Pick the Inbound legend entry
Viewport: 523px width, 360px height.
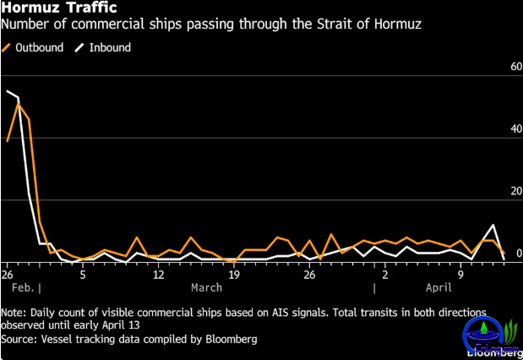[x=105, y=47]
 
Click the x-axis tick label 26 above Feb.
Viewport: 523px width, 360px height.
[x=8, y=275]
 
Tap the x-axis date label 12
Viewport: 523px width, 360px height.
[x=159, y=275]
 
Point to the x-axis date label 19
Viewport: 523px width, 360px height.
[x=234, y=275]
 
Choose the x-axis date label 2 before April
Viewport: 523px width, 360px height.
[x=384, y=275]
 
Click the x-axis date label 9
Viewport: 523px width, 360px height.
[x=460, y=275]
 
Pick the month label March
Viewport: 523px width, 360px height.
[x=207, y=288]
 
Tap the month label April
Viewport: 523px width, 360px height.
[x=439, y=288]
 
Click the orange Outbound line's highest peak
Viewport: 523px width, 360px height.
[x=18, y=103]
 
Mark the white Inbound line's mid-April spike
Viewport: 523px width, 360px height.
[x=494, y=226]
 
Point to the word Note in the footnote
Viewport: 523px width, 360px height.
[x=14, y=312]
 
